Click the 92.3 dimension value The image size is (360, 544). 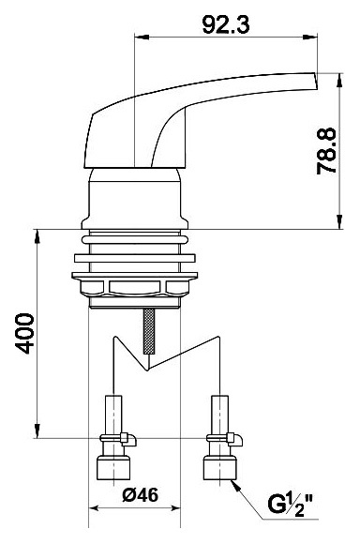click(x=225, y=25)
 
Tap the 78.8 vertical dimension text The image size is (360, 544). click(x=326, y=151)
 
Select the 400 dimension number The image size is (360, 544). click(x=25, y=333)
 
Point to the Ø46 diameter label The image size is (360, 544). click(x=140, y=494)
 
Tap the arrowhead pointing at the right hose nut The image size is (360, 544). click(x=235, y=485)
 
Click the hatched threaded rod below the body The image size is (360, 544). click(x=149, y=331)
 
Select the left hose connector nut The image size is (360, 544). click(x=113, y=468)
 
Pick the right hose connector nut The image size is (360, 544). click(x=220, y=468)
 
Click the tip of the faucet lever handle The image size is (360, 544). click(x=316, y=82)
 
